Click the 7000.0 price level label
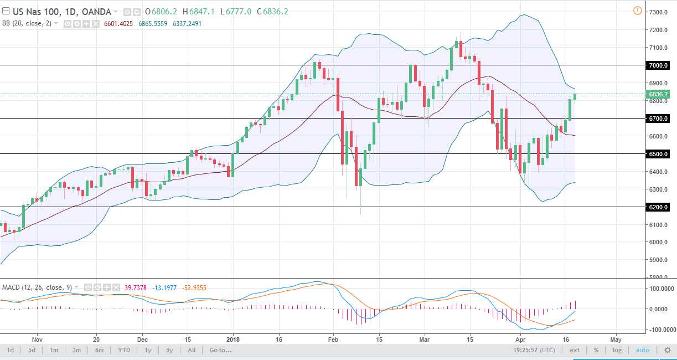coord(659,65)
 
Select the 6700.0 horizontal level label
coord(659,119)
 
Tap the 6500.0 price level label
coord(659,154)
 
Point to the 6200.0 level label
coord(659,207)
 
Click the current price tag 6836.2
coord(659,94)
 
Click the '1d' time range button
coord(11,350)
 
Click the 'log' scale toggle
coord(617,350)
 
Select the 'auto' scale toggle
coord(643,350)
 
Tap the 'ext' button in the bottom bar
coord(575,350)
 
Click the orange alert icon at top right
coord(637,11)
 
